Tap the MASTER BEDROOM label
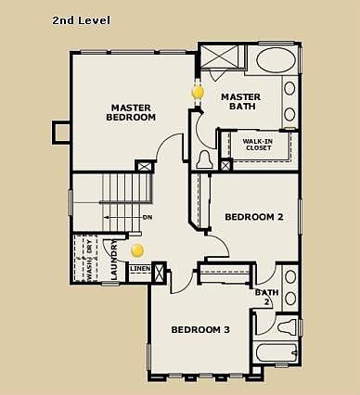pos(132,112)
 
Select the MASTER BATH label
pos(239,101)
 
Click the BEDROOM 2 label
pos(254,217)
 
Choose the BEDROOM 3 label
pos(201,329)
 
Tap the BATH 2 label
pos(266,297)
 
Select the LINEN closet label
pos(139,270)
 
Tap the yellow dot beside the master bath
pos(197,93)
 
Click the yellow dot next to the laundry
pos(137,250)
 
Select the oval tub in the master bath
pos(274,62)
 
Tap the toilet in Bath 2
pos(287,326)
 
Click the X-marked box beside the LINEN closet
pos(159,274)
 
